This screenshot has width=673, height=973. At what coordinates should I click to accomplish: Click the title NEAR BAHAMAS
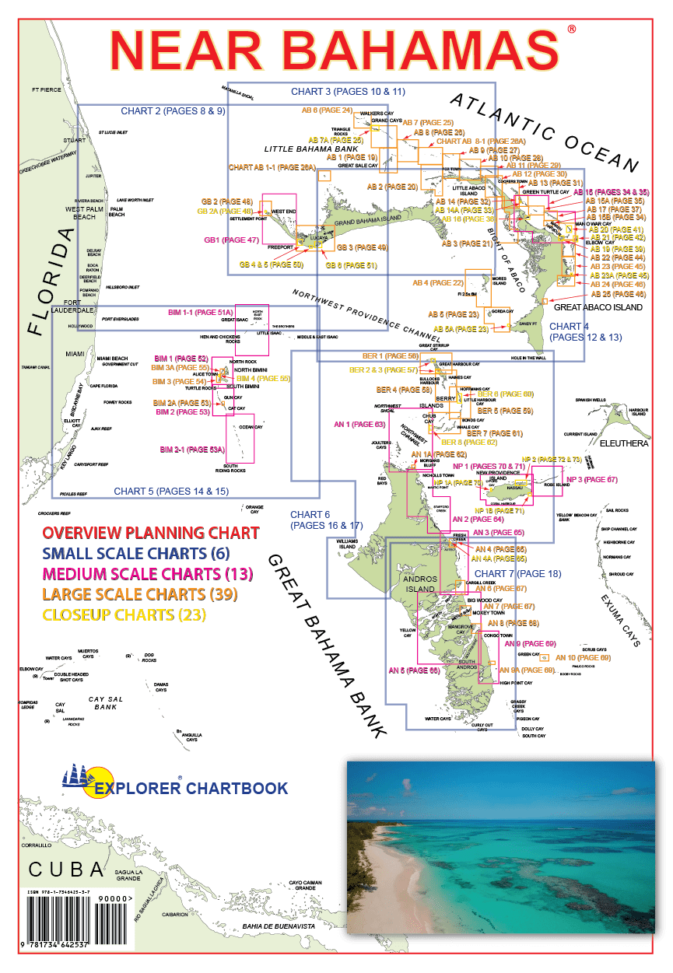click(x=335, y=51)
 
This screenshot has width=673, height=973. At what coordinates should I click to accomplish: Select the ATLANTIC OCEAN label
click(x=544, y=131)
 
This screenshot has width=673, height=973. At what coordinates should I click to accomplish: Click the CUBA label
click(x=65, y=869)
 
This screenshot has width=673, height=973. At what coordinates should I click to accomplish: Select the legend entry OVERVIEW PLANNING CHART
click(x=151, y=533)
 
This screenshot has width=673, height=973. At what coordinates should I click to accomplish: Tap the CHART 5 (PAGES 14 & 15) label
click(x=170, y=491)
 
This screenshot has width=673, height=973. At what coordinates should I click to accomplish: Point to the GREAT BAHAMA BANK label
click(x=327, y=646)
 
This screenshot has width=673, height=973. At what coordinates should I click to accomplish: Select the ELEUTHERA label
click(x=622, y=443)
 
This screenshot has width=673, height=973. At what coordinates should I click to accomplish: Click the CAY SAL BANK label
click(x=105, y=703)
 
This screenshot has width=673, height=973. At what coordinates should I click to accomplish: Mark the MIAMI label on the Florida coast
click(x=75, y=353)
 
